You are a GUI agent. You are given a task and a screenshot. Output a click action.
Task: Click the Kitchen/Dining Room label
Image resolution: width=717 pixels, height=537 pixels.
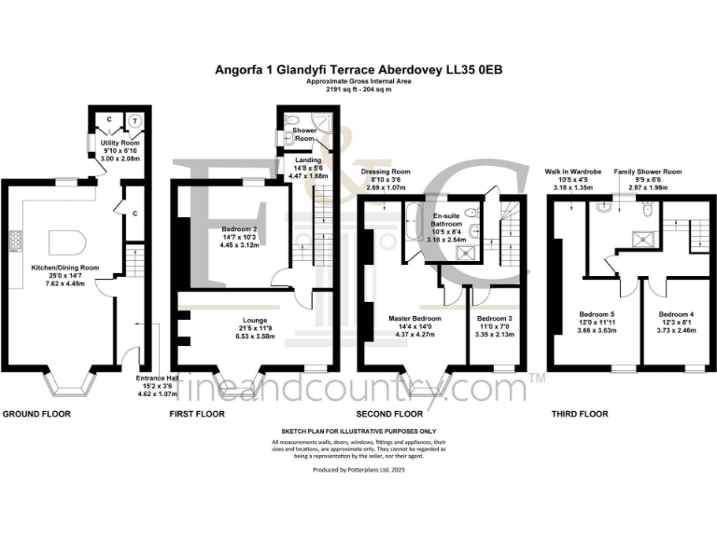[x=52, y=268]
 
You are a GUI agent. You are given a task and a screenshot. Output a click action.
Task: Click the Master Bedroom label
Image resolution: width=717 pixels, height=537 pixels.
[x=415, y=318]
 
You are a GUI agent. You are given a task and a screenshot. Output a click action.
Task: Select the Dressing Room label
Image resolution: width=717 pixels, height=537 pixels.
[x=387, y=172]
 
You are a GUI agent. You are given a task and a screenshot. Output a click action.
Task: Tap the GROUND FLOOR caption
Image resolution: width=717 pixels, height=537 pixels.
[x=37, y=413]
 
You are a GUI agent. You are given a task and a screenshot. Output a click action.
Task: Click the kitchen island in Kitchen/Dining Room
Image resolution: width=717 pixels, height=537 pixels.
[x=66, y=243]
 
